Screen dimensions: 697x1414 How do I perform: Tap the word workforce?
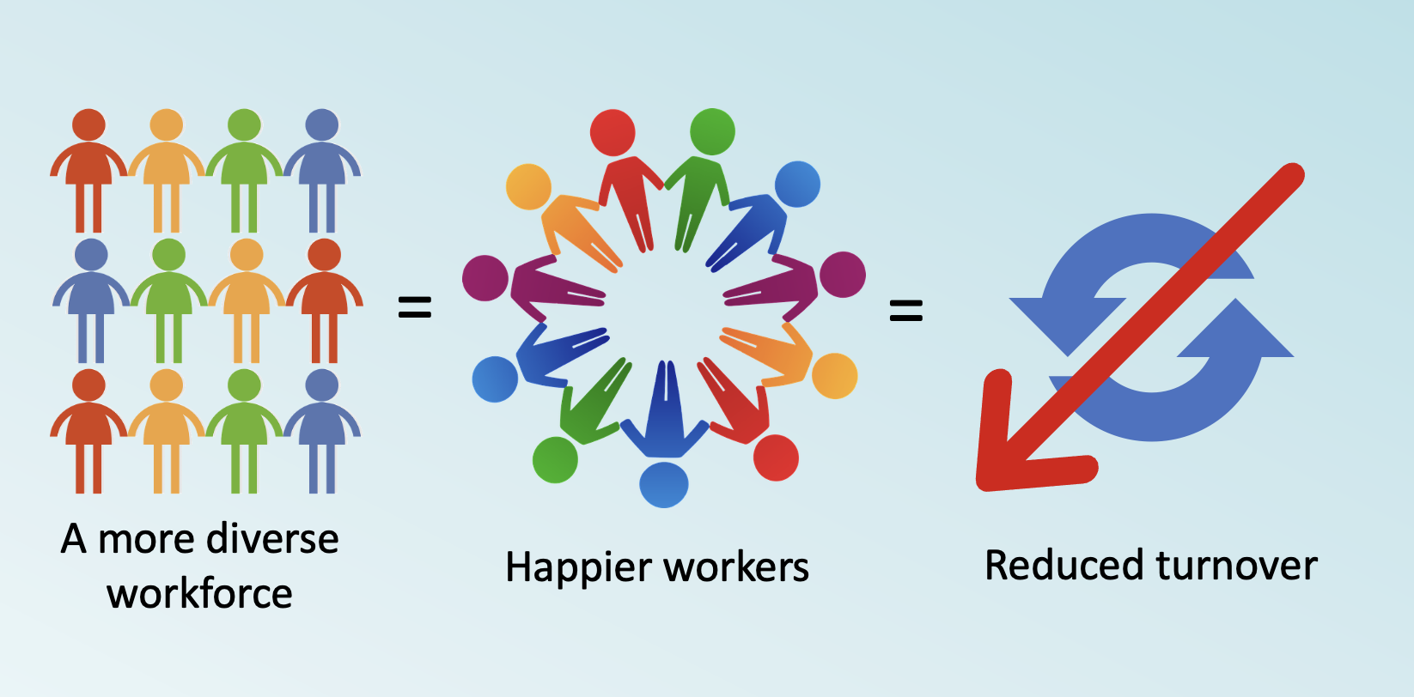(199, 593)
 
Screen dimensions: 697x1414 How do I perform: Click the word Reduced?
(1064, 566)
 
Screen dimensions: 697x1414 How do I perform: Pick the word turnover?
(1237, 566)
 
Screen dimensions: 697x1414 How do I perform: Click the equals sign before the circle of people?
(414, 307)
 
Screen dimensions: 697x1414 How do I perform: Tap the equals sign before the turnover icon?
(905, 310)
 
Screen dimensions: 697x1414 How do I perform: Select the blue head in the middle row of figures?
(91, 255)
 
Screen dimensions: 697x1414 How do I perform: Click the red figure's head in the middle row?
(324, 255)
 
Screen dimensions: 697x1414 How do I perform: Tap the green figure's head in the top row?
(244, 125)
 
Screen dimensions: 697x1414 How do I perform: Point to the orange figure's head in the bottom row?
(167, 385)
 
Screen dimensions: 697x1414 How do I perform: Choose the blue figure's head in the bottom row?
(322, 385)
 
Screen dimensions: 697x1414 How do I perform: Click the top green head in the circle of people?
(712, 132)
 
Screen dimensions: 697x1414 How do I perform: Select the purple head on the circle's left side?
(485, 278)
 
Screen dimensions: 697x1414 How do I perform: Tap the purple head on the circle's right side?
(843, 275)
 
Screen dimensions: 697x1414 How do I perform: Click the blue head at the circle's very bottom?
(664, 484)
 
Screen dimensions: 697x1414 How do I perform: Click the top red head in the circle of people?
(613, 133)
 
